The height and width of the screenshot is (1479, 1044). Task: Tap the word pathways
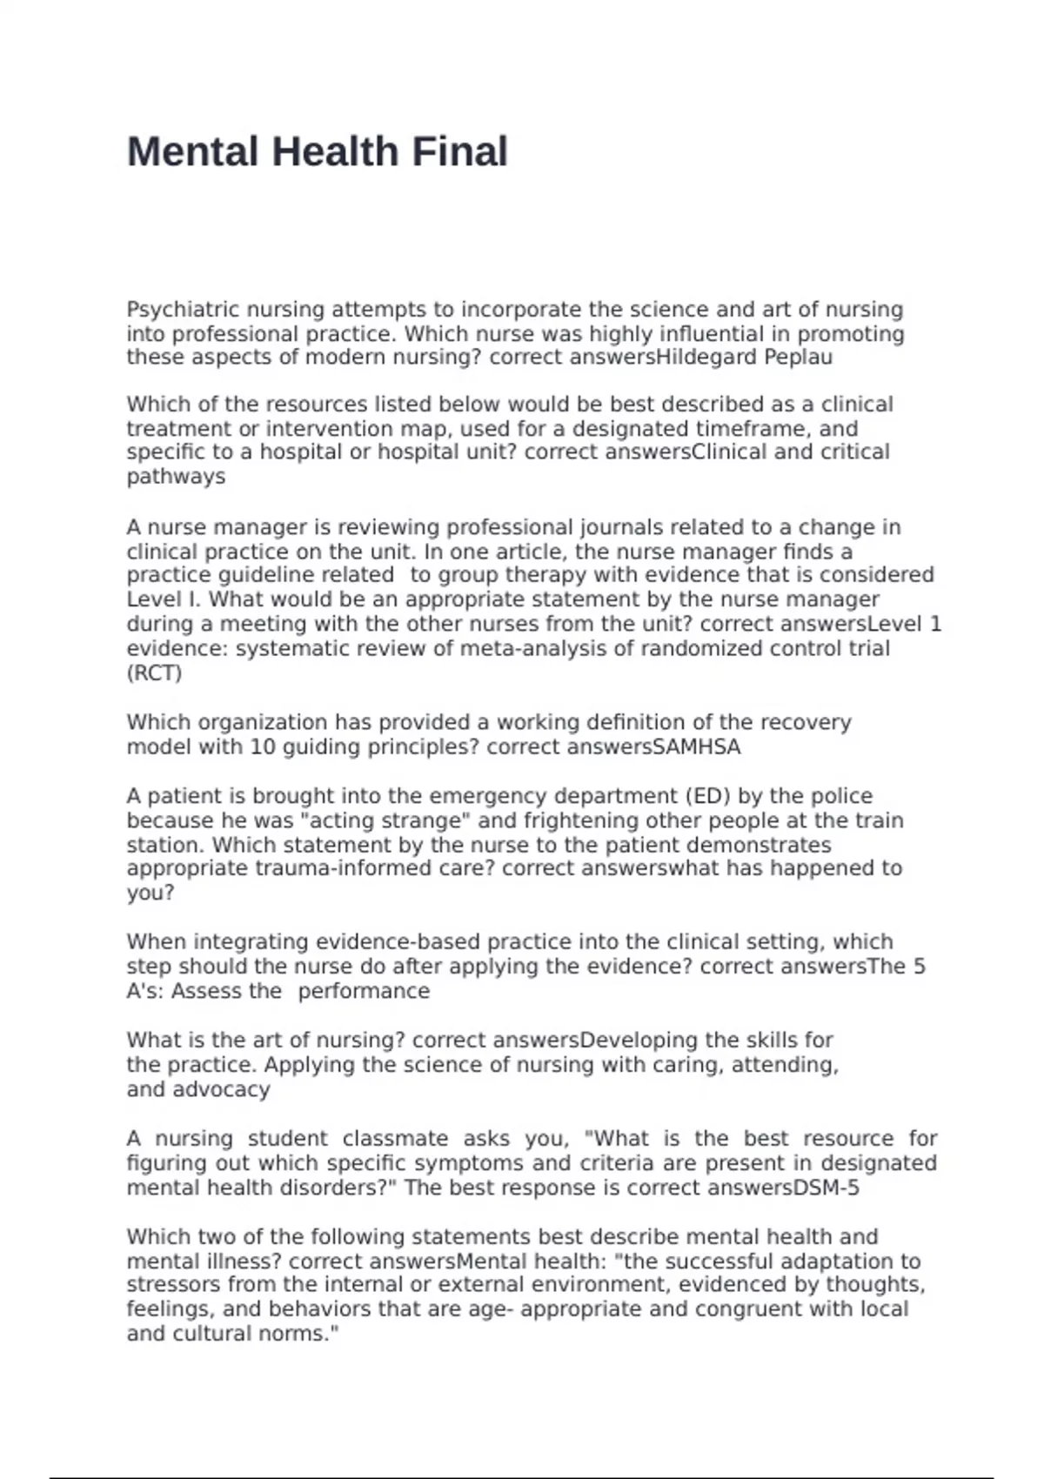[x=176, y=477]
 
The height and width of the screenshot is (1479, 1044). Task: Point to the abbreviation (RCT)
[x=154, y=673]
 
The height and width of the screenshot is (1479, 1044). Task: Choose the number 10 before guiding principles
[x=262, y=747]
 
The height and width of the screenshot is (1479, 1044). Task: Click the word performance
[x=364, y=992]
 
